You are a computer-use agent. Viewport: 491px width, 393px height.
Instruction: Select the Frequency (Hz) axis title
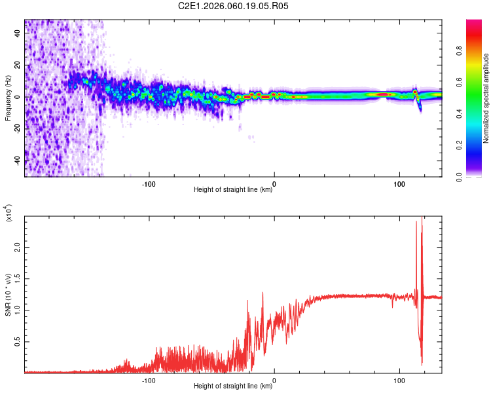click(x=8, y=98)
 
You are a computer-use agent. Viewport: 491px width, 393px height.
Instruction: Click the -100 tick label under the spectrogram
click(x=149, y=183)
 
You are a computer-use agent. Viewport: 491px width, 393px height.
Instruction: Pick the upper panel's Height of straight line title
click(x=233, y=190)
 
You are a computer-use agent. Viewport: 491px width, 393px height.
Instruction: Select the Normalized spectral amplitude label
click(x=486, y=98)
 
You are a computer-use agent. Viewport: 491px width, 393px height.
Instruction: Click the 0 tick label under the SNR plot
click(x=274, y=379)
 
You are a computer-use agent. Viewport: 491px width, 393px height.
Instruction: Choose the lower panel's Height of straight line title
click(x=233, y=386)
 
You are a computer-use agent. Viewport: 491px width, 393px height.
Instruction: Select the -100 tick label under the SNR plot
click(x=149, y=379)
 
